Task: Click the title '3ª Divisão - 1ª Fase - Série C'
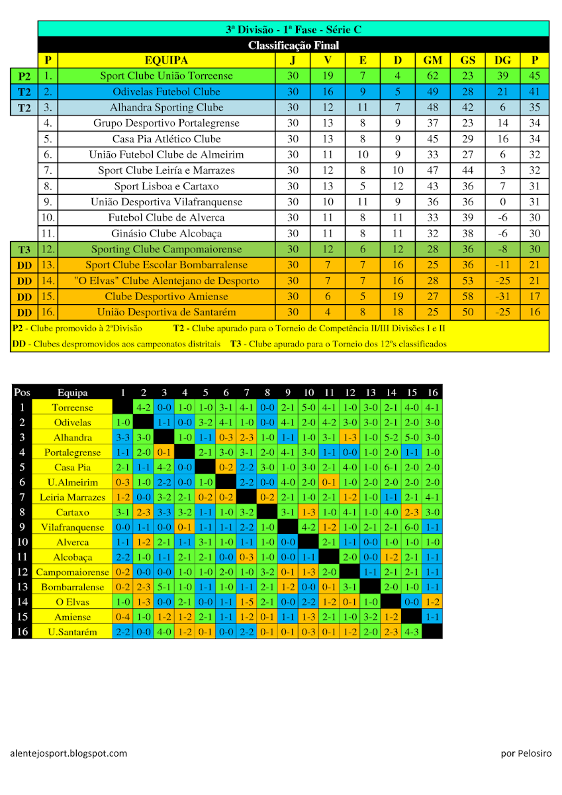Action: [293, 29]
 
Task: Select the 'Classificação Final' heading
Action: [293, 45]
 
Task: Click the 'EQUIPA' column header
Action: [166, 60]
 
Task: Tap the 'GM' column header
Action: [433, 60]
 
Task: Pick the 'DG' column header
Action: [502, 60]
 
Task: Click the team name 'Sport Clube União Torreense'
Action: [166, 76]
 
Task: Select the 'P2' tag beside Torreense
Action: [24, 76]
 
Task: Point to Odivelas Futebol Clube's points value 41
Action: [535, 91]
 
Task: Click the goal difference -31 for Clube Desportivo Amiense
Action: [502, 296]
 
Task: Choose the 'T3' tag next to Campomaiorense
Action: [24, 249]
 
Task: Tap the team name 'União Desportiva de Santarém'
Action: [166, 312]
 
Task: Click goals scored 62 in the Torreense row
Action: [433, 76]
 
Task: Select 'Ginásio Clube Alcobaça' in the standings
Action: [166, 233]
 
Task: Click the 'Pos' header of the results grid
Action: [22, 392]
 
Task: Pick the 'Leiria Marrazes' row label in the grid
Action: [72, 497]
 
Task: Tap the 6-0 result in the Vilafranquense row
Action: [412, 527]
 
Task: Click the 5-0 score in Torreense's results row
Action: [308, 407]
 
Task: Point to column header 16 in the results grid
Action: [432, 392]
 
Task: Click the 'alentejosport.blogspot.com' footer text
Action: [69, 753]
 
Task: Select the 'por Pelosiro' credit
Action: [526, 753]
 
